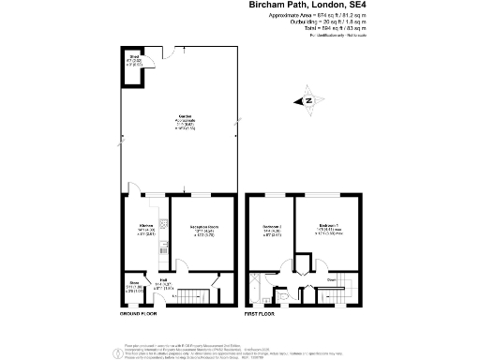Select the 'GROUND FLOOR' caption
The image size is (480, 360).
point(139,312)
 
